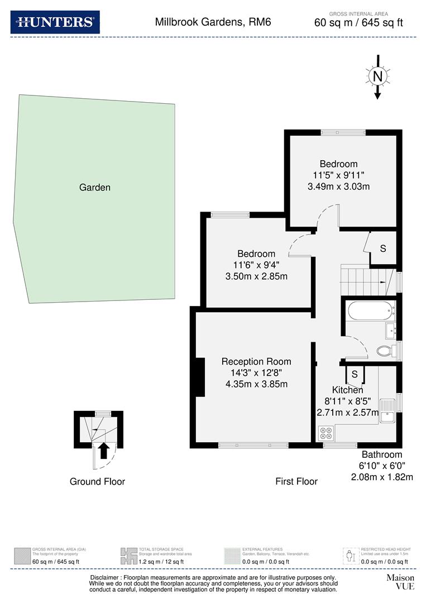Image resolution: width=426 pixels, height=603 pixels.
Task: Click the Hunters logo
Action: click(55, 22)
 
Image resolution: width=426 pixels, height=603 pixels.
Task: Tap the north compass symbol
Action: click(377, 76)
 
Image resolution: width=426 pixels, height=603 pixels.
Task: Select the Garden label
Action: click(94, 188)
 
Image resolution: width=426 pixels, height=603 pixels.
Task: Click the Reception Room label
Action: click(256, 361)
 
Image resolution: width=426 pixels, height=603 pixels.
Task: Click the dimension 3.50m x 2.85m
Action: click(256, 276)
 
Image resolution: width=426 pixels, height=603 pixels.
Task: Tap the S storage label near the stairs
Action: click(383, 249)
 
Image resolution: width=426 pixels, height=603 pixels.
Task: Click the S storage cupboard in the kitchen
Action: click(355, 375)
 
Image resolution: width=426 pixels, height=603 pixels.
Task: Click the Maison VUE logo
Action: click(400, 582)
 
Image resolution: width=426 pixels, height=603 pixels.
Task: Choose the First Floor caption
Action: click(296, 481)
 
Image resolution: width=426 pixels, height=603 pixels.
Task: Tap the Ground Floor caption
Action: click(97, 481)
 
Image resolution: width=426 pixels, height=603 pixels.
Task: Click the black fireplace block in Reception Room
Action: click(199, 377)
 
